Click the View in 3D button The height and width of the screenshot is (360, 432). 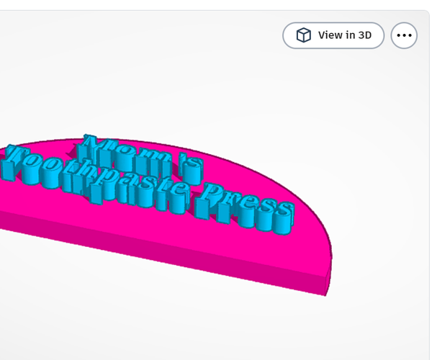click(x=333, y=35)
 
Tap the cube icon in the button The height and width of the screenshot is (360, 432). click(x=305, y=35)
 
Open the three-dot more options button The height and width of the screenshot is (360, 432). click(x=404, y=35)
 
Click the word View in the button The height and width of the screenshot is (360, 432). click(x=330, y=35)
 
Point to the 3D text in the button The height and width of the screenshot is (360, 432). click(x=364, y=35)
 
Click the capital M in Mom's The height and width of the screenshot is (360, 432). click(x=94, y=144)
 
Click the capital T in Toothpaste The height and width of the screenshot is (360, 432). click(x=16, y=158)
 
